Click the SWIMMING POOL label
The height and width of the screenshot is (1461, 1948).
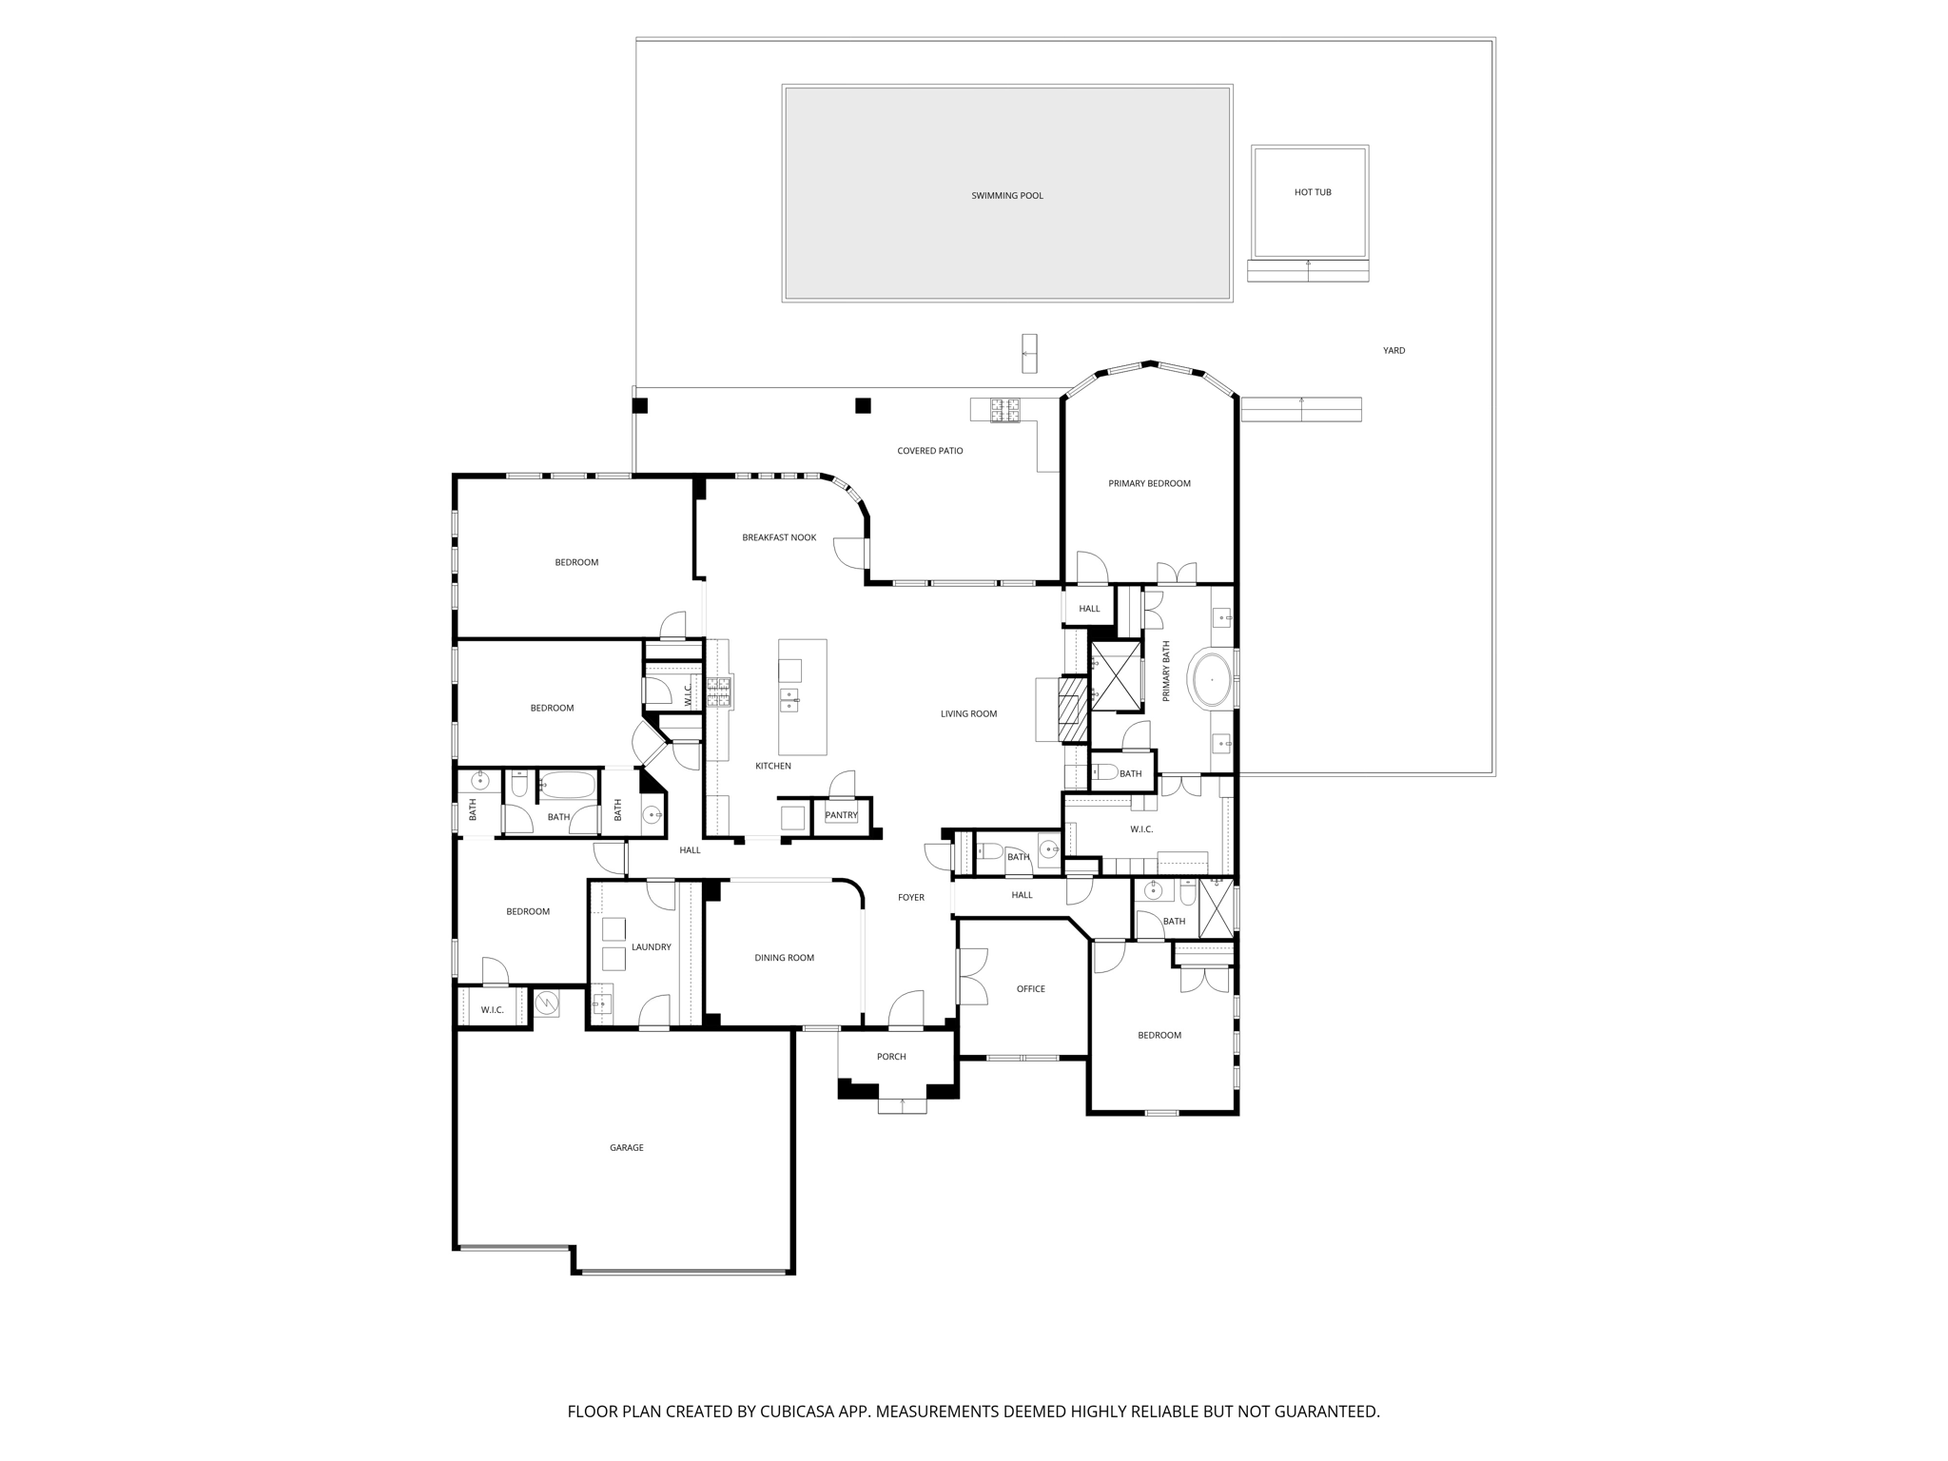point(1006,196)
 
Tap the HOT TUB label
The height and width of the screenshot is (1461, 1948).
point(1312,192)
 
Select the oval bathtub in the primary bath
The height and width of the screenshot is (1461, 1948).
point(1211,680)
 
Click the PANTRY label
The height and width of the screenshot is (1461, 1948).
point(841,815)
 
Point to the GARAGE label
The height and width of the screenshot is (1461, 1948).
point(626,1148)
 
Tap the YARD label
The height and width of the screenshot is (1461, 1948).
point(1393,351)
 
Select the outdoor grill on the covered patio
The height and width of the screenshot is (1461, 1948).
point(1004,410)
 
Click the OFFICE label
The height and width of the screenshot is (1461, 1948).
point(1030,989)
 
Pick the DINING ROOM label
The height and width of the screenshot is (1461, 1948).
point(784,958)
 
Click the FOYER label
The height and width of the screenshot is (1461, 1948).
point(910,897)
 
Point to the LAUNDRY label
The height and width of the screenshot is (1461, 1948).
point(651,947)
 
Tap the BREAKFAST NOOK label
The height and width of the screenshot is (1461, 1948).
point(779,537)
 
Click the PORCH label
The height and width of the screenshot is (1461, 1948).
point(890,1057)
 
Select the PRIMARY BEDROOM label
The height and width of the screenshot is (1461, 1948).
point(1149,483)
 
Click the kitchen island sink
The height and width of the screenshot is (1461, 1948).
point(789,700)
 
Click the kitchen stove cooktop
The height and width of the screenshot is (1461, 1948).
point(718,692)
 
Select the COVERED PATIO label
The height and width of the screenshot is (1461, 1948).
point(929,451)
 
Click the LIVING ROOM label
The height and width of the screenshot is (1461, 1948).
point(968,714)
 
